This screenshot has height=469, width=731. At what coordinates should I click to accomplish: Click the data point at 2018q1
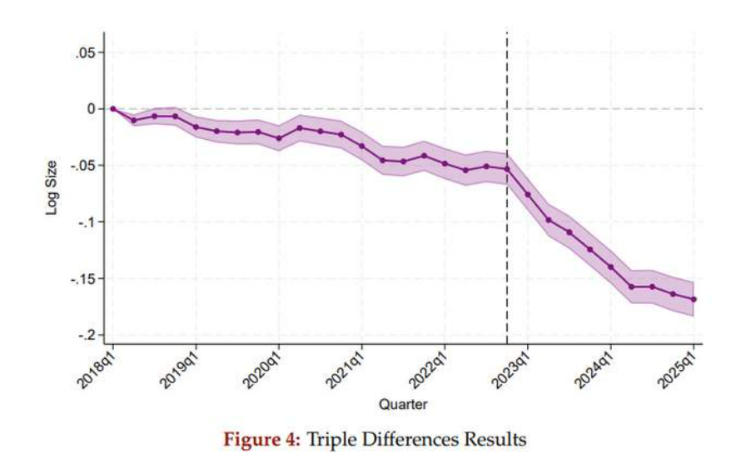pos(112,108)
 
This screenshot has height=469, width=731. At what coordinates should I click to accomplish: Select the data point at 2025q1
pos(694,299)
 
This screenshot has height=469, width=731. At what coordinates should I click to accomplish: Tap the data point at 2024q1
pos(611,267)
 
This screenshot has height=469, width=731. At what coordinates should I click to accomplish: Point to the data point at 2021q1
pos(361,146)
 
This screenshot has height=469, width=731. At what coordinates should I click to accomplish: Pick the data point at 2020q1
pos(278,137)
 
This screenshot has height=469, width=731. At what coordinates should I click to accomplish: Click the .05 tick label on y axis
pos(87,52)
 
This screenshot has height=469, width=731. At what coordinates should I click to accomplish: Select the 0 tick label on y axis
pos(92,109)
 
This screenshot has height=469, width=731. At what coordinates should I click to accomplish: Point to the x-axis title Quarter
pos(403,405)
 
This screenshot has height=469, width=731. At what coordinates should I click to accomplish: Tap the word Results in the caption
pos(495,439)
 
